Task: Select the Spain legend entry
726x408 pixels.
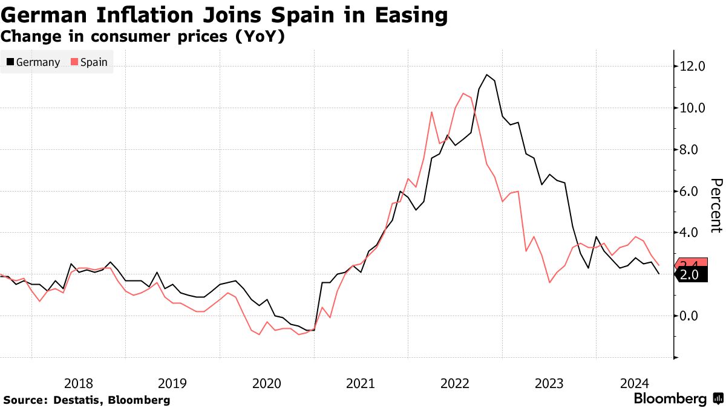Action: pos(89,62)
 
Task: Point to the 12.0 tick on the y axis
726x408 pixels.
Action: pos(693,66)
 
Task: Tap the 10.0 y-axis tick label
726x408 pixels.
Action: pos(693,108)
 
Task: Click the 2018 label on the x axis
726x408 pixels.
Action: pos(78,383)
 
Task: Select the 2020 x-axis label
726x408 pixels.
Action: pos(266,383)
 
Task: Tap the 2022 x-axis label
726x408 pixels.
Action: pos(455,383)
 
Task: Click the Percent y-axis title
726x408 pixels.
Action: pos(716,206)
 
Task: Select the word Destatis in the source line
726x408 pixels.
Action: pos(75,400)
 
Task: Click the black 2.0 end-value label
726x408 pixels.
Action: pos(690,275)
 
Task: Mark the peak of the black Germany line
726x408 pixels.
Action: pos(487,75)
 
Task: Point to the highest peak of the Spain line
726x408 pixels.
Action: pos(463,94)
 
